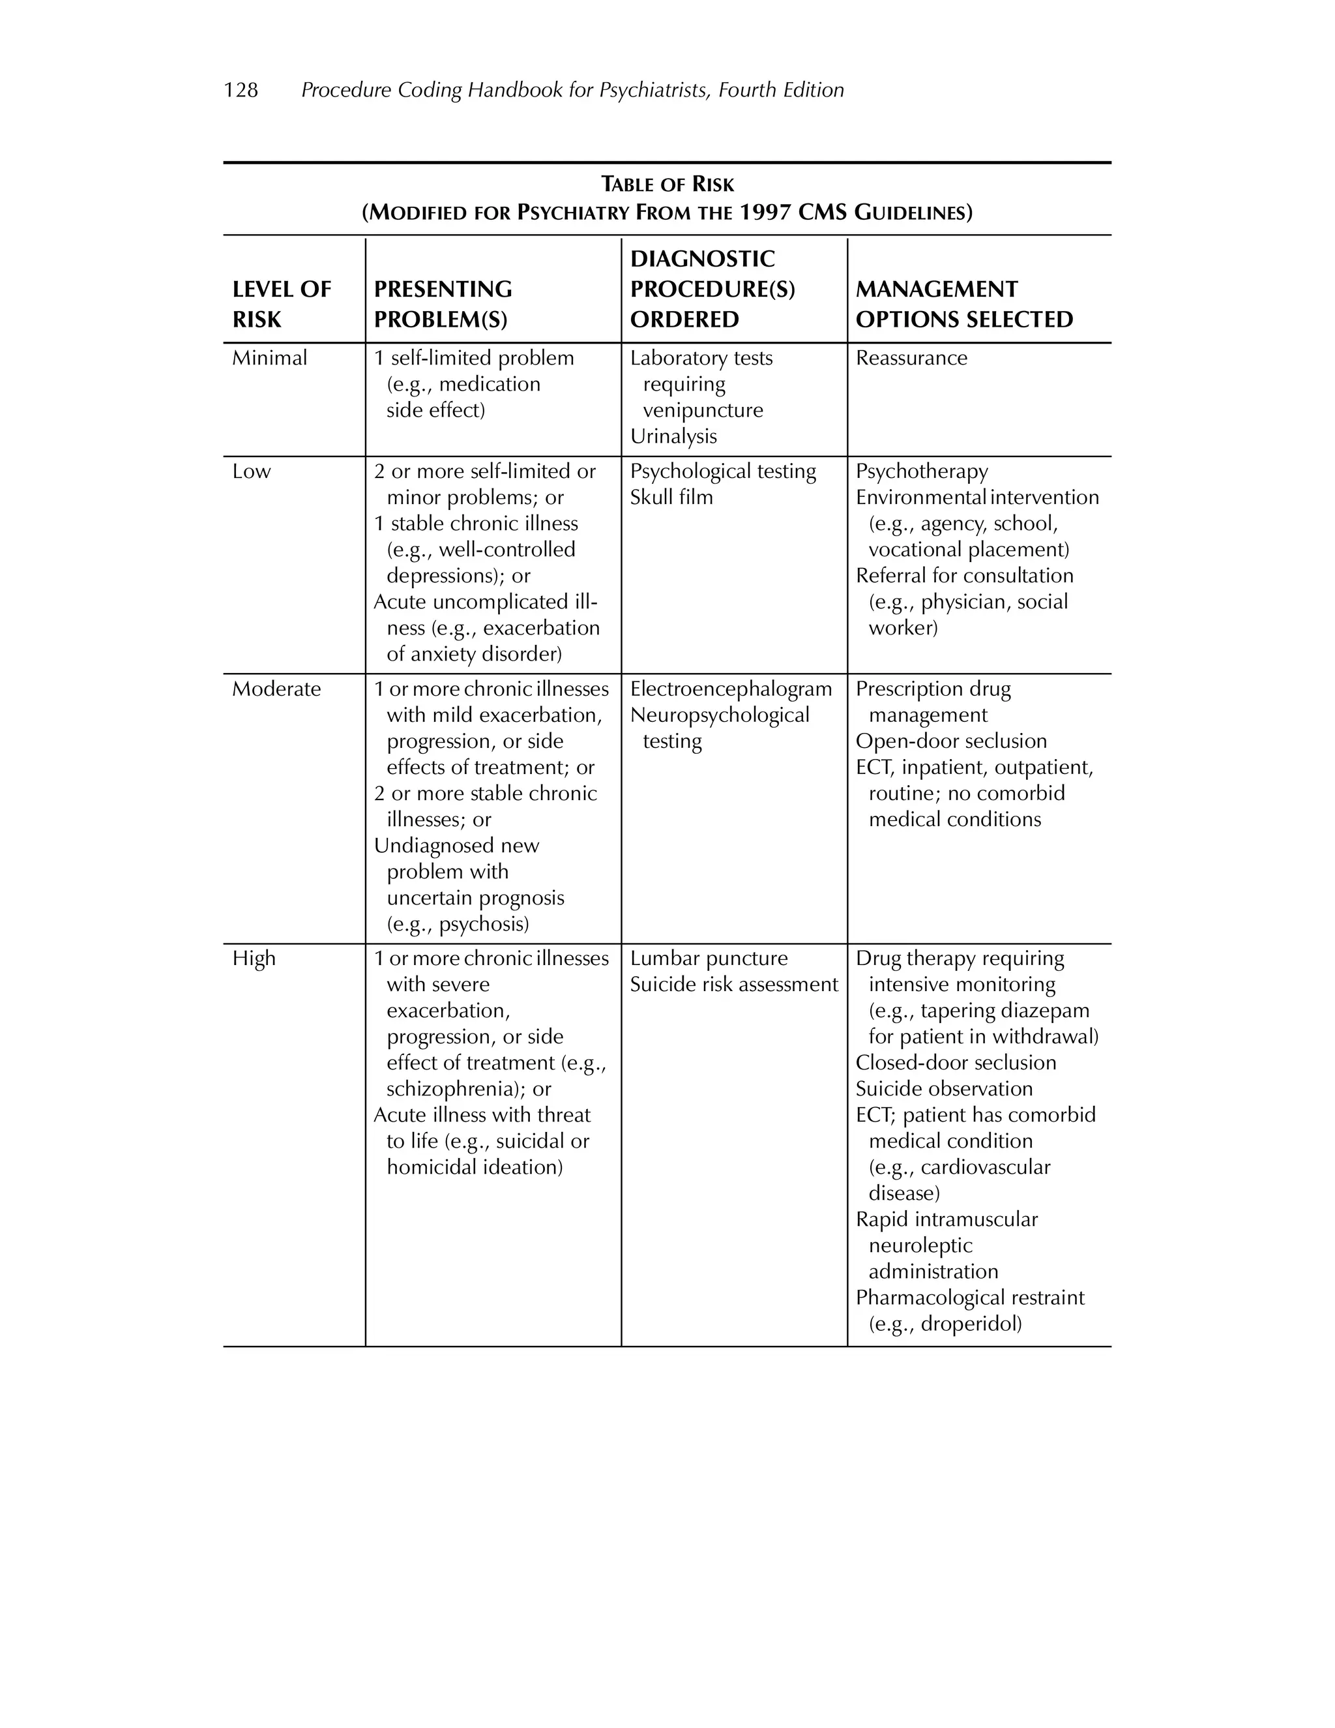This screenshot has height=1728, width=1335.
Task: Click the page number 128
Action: click(x=241, y=90)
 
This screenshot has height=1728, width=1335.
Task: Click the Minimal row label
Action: click(x=269, y=359)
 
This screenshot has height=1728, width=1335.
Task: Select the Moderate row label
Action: click(x=276, y=689)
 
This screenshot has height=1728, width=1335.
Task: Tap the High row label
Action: click(x=254, y=959)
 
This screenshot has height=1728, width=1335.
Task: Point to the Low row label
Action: click(x=251, y=471)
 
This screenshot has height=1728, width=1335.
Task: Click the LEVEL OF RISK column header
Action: click(x=281, y=305)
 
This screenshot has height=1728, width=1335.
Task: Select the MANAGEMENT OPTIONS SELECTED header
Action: click(x=963, y=305)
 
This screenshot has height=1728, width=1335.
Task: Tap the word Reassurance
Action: click(x=911, y=359)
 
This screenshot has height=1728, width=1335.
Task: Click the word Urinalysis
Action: click(x=673, y=437)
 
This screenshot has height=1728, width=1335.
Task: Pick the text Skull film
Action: click(x=671, y=498)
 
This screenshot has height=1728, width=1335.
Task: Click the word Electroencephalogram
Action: click(x=731, y=689)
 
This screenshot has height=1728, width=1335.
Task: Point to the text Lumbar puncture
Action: click(x=709, y=959)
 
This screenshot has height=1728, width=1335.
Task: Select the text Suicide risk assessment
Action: click(x=733, y=985)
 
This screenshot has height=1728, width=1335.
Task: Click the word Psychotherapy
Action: click(x=921, y=471)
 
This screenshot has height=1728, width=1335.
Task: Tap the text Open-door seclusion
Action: click(x=950, y=741)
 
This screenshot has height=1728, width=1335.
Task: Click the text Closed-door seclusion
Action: click(x=956, y=1064)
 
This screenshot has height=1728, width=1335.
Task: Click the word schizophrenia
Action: click(x=455, y=1090)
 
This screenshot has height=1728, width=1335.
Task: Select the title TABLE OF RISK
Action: click(x=667, y=185)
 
